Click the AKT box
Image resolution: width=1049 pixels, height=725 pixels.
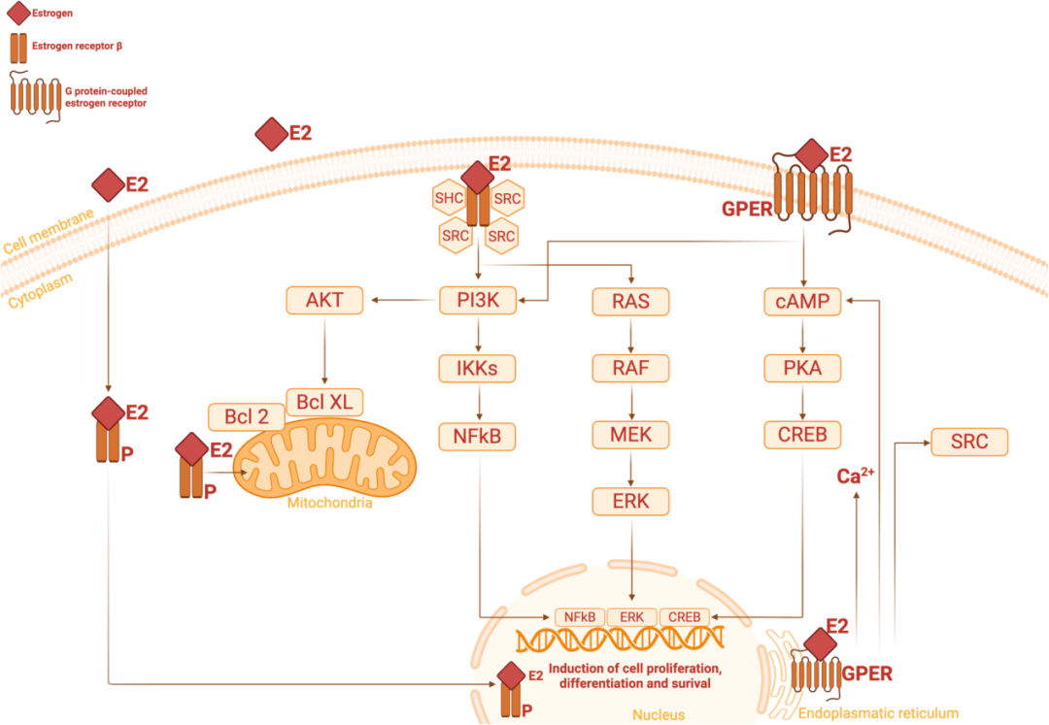(x=324, y=301)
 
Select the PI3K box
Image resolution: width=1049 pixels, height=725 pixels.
(x=477, y=301)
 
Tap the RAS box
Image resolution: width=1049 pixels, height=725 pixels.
(x=631, y=301)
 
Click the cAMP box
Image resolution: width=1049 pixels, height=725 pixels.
(x=803, y=301)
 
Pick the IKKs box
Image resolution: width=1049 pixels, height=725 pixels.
(x=477, y=369)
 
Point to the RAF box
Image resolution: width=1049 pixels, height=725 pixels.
(x=631, y=369)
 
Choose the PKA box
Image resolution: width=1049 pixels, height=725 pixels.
(x=803, y=369)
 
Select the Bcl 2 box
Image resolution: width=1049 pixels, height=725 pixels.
(x=247, y=416)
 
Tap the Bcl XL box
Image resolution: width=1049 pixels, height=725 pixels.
(x=324, y=401)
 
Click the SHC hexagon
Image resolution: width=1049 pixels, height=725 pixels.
(x=449, y=199)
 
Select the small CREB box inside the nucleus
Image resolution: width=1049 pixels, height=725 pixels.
(x=684, y=615)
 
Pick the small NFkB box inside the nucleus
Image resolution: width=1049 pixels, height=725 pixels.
(x=580, y=615)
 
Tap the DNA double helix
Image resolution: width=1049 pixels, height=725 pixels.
(x=622, y=639)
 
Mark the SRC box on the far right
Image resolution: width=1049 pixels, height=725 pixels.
(x=969, y=443)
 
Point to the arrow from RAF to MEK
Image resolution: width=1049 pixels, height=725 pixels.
(x=631, y=402)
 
